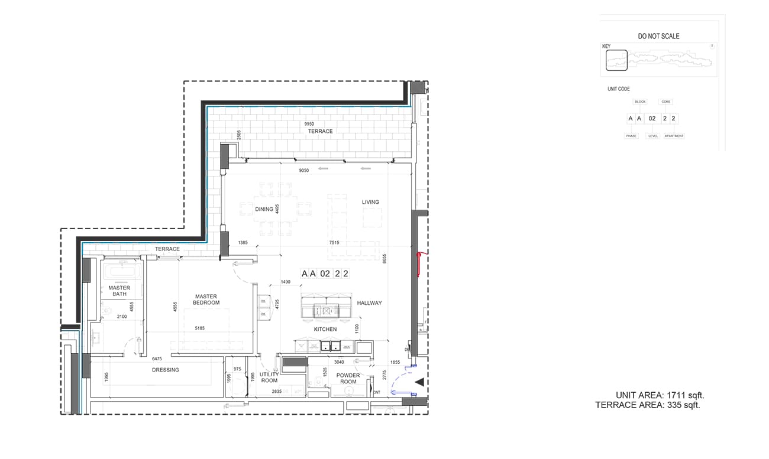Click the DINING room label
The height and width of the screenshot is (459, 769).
[x=264, y=209]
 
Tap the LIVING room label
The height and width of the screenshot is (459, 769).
[x=370, y=202]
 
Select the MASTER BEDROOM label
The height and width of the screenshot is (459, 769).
[x=206, y=300]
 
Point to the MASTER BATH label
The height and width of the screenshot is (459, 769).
[x=119, y=291]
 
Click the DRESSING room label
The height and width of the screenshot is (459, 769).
[x=165, y=370]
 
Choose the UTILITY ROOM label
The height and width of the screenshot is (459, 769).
[x=269, y=377]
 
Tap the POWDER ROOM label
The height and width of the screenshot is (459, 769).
[x=348, y=378]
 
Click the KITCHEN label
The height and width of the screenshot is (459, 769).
[x=325, y=329]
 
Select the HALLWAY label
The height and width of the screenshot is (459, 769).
[x=369, y=303]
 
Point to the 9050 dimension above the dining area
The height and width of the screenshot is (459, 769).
[x=303, y=170]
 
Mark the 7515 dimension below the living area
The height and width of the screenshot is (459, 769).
[x=334, y=243]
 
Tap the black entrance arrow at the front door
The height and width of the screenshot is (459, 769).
[x=419, y=383]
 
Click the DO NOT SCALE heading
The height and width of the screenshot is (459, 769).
[x=658, y=36]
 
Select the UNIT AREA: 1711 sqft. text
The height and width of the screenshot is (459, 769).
[x=660, y=395]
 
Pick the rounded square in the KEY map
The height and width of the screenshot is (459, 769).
[x=616, y=60]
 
